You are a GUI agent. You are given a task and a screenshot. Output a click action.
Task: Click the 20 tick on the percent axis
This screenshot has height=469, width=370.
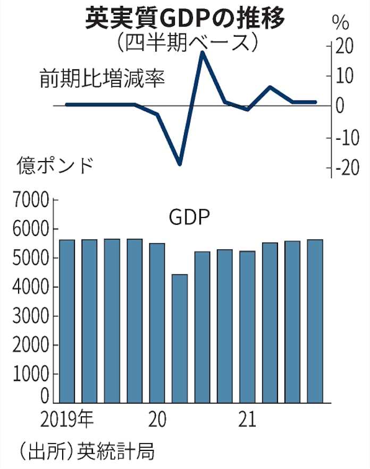tap(344, 47)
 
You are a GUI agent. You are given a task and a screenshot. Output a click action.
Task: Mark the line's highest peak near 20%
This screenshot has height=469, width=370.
tap(203, 52)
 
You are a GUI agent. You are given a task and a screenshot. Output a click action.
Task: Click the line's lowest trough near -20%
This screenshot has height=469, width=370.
tap(180, 164)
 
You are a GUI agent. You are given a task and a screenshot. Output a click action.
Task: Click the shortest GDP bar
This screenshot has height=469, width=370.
tap(180, 338)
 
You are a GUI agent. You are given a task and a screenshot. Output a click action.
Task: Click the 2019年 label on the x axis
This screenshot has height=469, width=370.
tap(66, 420)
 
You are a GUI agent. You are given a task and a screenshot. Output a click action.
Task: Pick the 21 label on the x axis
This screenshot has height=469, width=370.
tap(246, 420)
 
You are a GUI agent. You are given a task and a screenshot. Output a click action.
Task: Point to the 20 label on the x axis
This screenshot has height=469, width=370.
tap(157, 420)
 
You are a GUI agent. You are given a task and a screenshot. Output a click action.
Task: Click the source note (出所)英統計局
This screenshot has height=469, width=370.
tap(80, 451)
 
